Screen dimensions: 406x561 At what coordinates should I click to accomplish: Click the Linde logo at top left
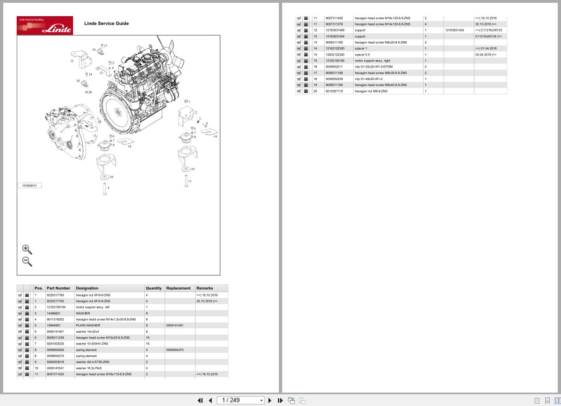click(x=45, y=25)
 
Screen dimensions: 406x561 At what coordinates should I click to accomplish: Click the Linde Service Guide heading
click(x=106, y=24)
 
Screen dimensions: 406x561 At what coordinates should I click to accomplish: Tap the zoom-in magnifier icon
click(x=27, y=250)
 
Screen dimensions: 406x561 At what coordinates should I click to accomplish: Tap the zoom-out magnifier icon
click(x=27, y=261)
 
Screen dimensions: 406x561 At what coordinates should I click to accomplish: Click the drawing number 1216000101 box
click(x=30, y=185)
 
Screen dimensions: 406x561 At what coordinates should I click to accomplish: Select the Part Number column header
click(x=58, y=288)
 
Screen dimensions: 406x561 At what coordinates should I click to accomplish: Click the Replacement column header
click(x=178, y=288)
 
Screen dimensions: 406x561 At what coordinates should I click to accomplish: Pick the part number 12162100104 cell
click(x=56, y=307)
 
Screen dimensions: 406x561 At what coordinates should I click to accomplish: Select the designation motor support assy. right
click(x=372, y=61)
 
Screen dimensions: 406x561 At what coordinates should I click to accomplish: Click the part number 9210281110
click(x=334, y=91)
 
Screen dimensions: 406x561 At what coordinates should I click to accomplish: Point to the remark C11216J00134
click(x=488, y=36)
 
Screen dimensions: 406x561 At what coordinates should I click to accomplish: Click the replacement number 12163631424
click(x=455, y=30)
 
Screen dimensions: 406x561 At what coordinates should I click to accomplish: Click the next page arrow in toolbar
click(x=270, y=400)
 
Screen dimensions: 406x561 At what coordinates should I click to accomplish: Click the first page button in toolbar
click(x=200, y=400)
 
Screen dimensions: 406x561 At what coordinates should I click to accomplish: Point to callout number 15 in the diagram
click(x=72, y=61)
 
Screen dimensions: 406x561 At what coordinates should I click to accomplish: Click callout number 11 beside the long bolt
click(x=190, y=181)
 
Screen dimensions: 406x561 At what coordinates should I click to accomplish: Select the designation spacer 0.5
click(x=362, y=55)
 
